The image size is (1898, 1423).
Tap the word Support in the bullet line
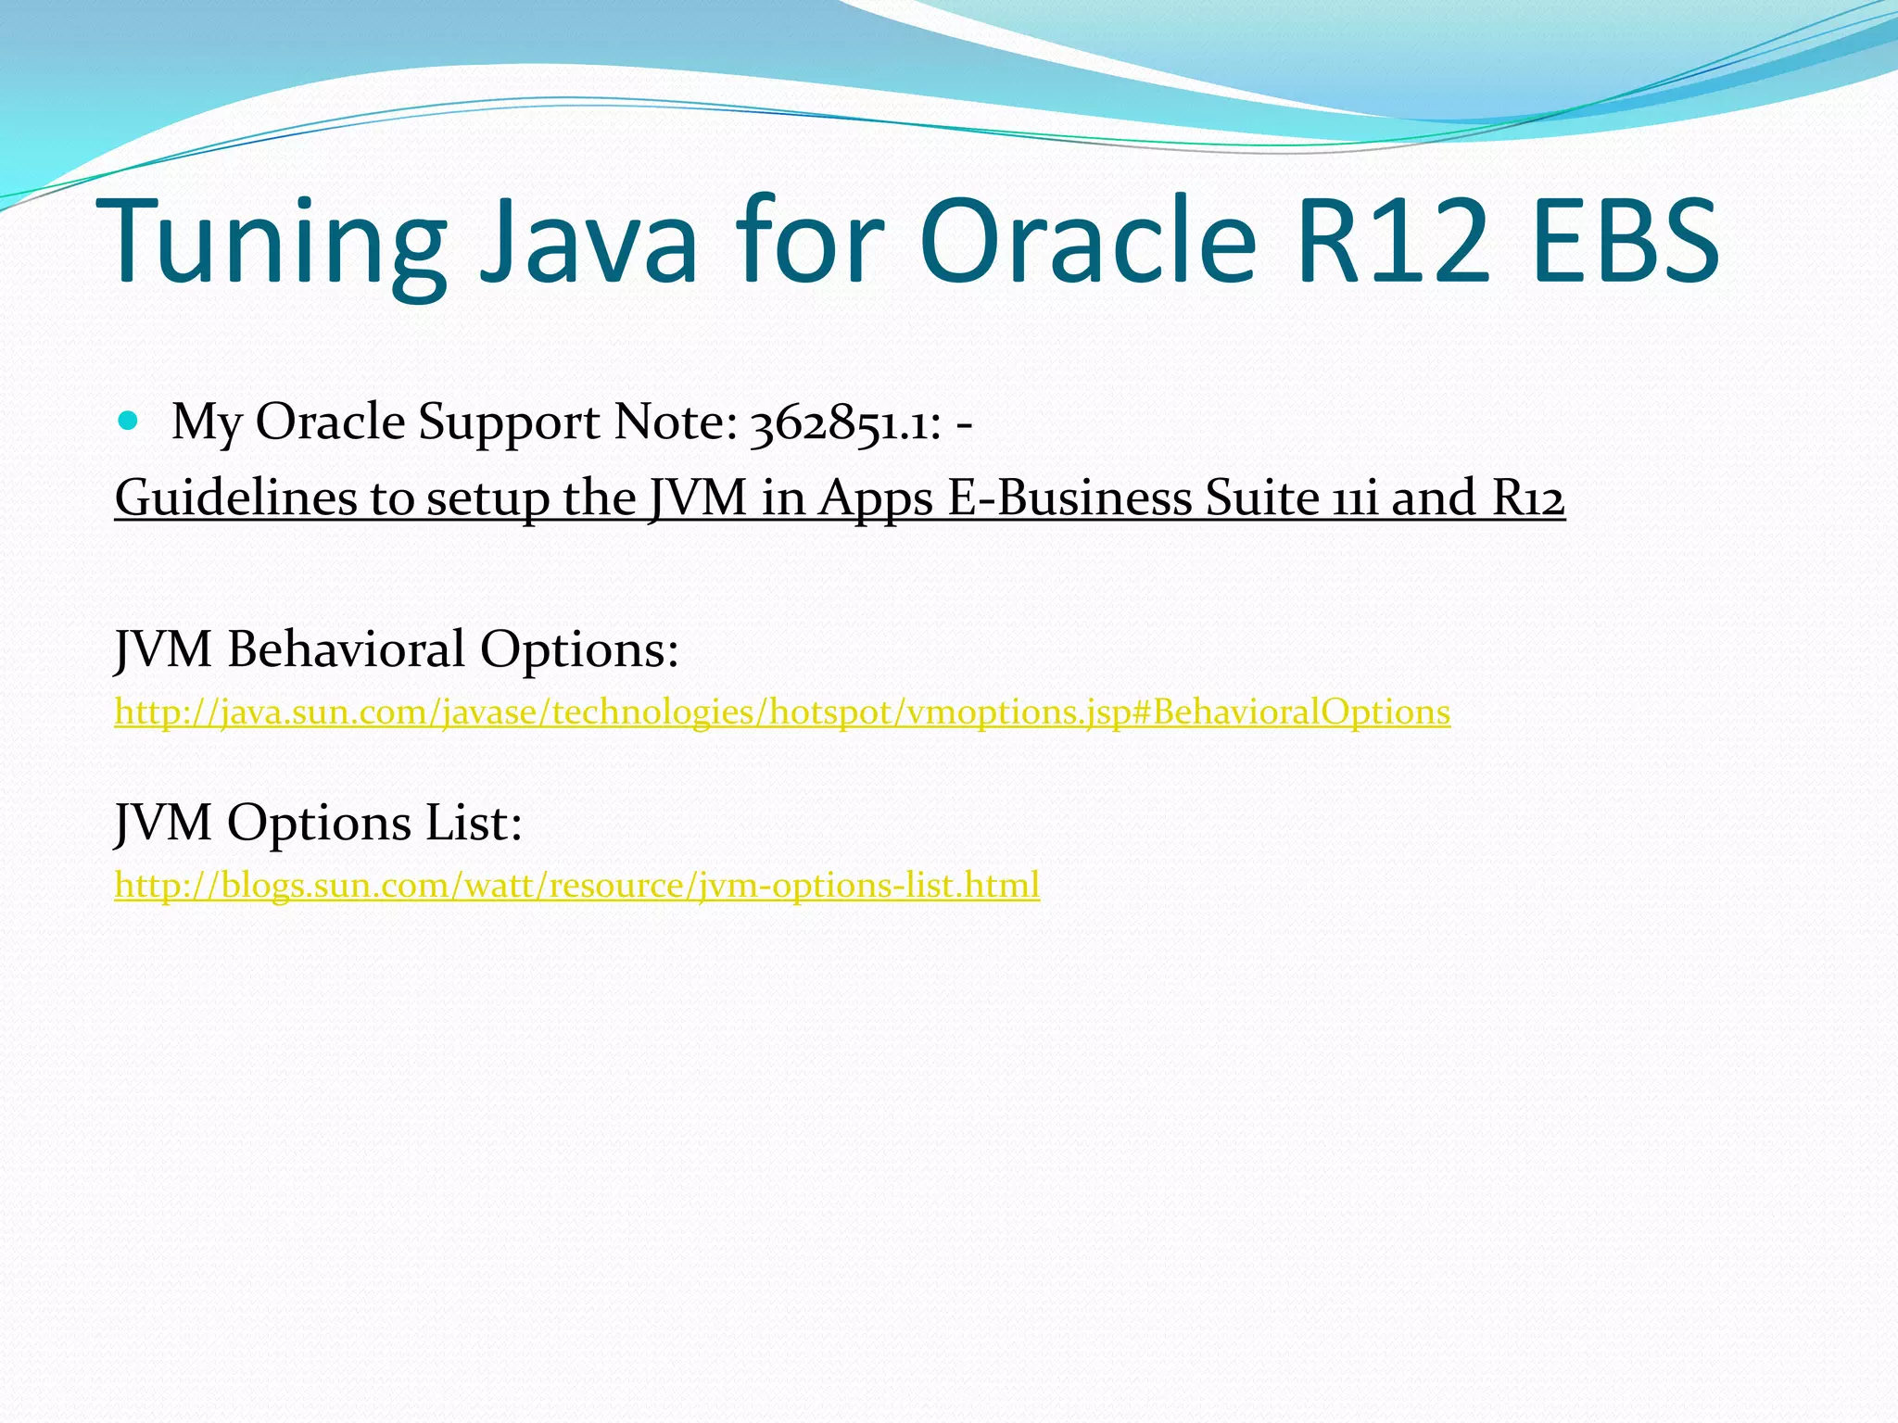[x=509, y=424]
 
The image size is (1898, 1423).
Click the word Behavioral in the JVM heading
[x=347, y=649]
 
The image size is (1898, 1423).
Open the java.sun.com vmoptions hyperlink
[x=781, y=712]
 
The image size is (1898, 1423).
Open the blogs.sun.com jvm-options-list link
[x=576, y=886]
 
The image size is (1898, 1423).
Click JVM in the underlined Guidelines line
[x=697, y=497]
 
